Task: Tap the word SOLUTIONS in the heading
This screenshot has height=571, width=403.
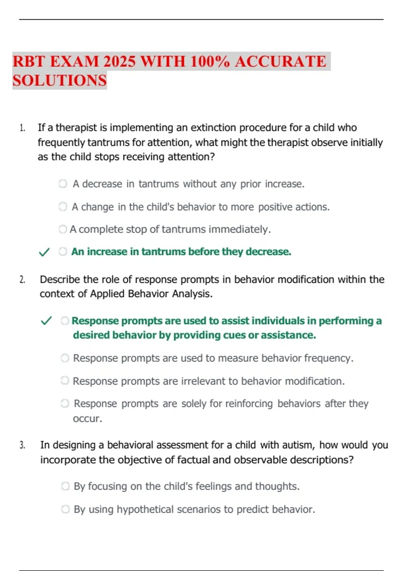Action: pos(60,81)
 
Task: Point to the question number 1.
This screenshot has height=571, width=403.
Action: pos(22,128)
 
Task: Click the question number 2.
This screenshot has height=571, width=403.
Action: pos(22,280)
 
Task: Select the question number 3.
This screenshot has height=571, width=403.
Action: pos(22,445)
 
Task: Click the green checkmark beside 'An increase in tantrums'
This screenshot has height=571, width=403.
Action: pos(44,252)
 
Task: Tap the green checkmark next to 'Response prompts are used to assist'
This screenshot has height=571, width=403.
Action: pos(46,321)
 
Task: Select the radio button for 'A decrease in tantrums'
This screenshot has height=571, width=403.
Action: pos(63,184)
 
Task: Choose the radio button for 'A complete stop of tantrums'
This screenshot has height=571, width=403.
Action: pos(63,229)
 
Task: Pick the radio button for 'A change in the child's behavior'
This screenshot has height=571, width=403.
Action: pos(63,207)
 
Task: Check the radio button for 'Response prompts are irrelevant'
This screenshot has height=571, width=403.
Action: pos(65,381)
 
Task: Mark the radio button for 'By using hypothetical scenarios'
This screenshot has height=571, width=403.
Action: pos(65,509)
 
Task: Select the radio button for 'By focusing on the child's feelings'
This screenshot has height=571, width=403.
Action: pos(65,486)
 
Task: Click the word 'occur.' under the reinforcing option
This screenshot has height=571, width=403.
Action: pos(87,419)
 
